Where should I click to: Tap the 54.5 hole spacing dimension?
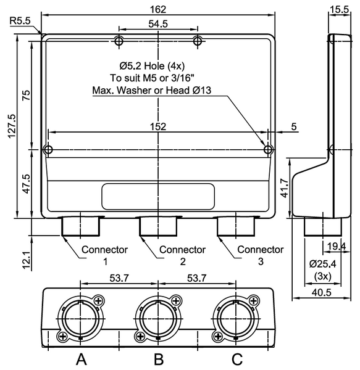coord(158,23)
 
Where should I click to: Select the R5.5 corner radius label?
coord(20,20)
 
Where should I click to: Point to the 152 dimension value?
coord(158,126)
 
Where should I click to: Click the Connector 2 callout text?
coord(182,255)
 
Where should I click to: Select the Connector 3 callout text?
coord(261,255)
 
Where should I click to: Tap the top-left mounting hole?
coord(119,41)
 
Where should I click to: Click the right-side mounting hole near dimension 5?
coord(267,149)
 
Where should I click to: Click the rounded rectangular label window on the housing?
coord(158,196)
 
